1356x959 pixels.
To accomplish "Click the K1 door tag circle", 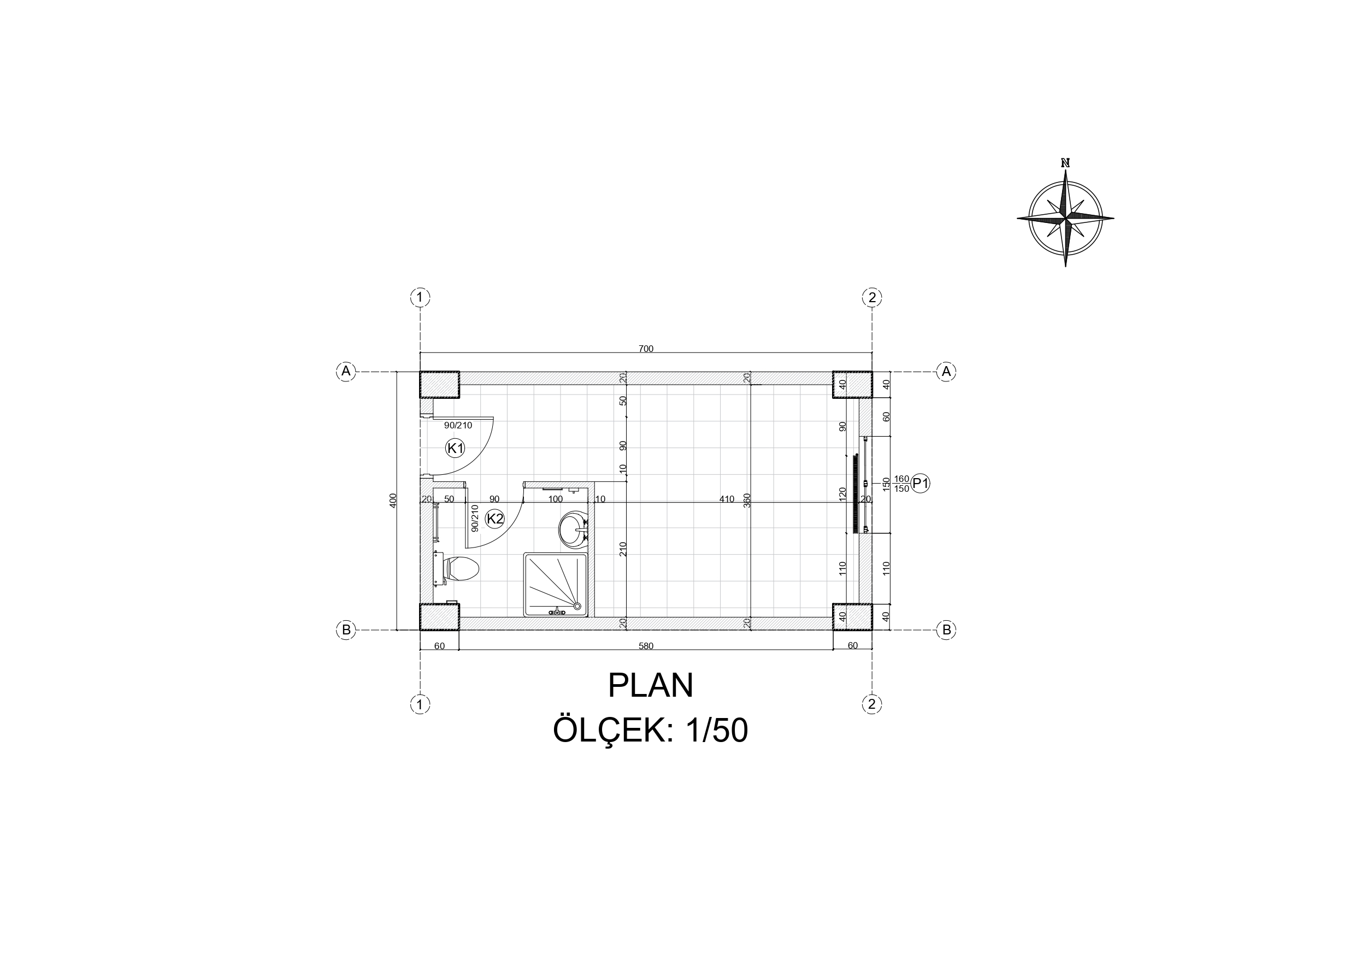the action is click(x=455, y=449).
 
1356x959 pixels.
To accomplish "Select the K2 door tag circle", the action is click(x=494, y=519).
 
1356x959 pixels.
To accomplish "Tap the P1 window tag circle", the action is click(x=921, y=484).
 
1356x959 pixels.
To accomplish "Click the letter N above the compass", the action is click(x=1065, y=162).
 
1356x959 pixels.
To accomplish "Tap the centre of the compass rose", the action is click(x=1065, y=218).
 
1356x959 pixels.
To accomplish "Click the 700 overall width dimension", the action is click(x=646, y=349).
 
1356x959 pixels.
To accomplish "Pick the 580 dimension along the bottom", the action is click(x=646, y=646).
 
